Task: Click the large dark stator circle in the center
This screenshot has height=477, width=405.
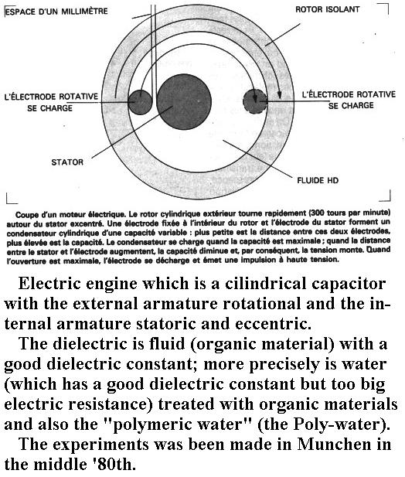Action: tap(184, 101)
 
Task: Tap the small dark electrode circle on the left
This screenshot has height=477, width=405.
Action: tap(140, 102)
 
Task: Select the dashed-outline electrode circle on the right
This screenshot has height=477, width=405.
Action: tap(255, 101)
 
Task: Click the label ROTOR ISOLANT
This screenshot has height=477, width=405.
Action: tap(328, 9)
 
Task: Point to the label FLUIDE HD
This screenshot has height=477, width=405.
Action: tap(318, 180)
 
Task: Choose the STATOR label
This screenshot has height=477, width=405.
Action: tap(67, 162)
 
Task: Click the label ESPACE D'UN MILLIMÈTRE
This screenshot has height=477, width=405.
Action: tap(56, 12)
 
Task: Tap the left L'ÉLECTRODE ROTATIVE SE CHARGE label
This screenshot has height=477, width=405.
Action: tap(51, 102)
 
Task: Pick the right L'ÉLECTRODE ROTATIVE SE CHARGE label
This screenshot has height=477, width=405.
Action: tap(349, 100)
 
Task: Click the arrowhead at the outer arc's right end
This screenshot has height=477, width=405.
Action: tap(280, 94)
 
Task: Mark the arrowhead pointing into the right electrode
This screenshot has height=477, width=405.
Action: tap(255, 98)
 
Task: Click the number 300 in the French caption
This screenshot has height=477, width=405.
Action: tap(317, 213)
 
